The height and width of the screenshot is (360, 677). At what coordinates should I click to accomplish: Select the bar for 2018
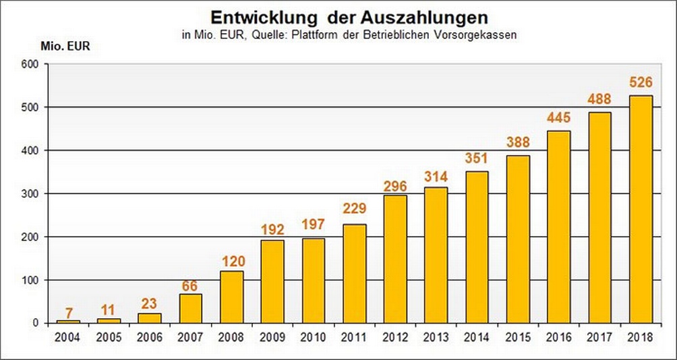pyautogui.click(x=640, y=209)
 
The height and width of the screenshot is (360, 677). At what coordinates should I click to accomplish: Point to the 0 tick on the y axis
pyautogui.click(x=37, y=323)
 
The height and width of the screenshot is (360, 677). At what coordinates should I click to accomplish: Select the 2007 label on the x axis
pyautogui.click(x=190, y=337)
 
